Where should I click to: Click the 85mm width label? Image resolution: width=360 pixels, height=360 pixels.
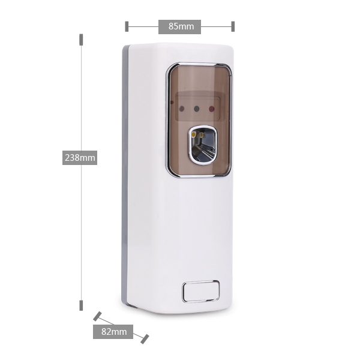click(x=179, y=26)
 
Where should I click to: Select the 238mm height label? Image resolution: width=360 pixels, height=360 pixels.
click(x=80, y=158)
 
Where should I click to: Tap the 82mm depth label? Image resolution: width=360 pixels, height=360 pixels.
click(x=113, y=332)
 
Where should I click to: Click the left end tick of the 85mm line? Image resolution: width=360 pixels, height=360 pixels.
click(x=127, y=26)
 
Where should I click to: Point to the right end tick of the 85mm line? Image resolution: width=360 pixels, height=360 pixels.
click(x=233, y=26)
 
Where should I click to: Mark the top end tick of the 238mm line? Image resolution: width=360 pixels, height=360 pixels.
click(x=81, y=40)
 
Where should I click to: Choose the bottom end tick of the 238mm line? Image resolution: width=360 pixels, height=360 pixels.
click(x=81, y=305)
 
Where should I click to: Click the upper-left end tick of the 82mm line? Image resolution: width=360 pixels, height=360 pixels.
click(x=97, y=316)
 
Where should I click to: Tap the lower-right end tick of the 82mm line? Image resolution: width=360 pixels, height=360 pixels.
click(x=145, y=339)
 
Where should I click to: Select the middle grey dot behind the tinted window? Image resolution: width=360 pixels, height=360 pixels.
click(x=197, y=109)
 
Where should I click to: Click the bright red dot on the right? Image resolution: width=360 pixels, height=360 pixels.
click(x=212, y=109)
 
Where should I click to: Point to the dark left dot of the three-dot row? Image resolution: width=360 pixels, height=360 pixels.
click(x=181, y=109)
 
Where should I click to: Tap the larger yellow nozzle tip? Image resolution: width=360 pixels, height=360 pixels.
click(x=194, y=134)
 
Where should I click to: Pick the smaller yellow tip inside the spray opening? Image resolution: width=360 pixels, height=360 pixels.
click(x=202, y=135)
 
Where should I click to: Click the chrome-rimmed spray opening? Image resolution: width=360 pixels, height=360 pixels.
click(x=203, y=145)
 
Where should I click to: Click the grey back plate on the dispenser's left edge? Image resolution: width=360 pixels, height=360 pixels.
click(x=125, y=175)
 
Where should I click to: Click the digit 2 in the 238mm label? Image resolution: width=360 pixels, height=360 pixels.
click(x=67, y=158)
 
